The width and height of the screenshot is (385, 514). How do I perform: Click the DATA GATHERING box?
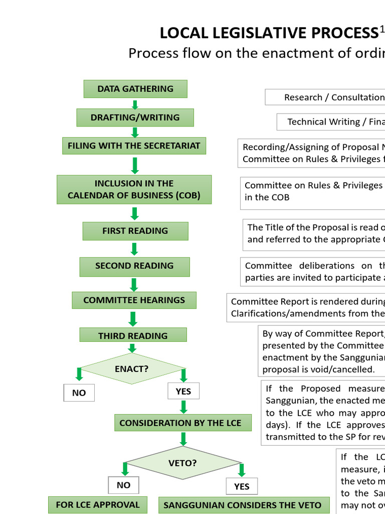135,89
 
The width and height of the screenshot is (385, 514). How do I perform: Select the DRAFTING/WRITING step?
135,117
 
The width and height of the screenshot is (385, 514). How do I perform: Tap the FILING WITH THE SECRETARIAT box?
134,146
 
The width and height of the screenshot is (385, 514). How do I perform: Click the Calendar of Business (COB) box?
134,190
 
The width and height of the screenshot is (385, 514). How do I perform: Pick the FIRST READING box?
135,231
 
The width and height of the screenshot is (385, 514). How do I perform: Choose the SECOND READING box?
134,266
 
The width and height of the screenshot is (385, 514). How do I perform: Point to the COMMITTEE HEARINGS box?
134,300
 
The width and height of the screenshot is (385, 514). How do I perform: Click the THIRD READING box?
133,335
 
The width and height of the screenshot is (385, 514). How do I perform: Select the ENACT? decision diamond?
132,368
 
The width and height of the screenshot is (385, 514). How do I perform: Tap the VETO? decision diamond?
182,463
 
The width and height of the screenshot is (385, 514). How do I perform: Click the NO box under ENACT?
79,393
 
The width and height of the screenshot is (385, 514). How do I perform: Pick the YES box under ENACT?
183,391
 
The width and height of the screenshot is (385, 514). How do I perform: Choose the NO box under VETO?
123,485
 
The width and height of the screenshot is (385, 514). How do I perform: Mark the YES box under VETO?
242,486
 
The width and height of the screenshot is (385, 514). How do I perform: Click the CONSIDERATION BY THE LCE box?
180,423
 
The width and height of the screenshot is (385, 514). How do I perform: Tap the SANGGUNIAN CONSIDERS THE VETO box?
242,505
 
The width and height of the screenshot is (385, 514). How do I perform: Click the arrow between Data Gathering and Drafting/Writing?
134,104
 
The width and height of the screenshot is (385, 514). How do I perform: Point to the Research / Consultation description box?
325,97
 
